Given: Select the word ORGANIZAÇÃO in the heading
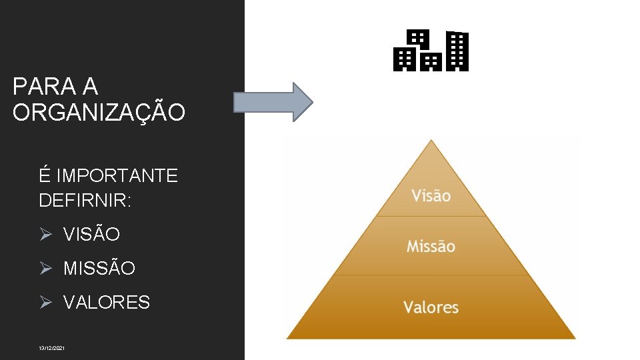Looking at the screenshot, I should tap(99, 113).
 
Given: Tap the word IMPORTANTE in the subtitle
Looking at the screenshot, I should tap(117, 176).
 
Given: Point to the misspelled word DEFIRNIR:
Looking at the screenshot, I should tap(85, 200).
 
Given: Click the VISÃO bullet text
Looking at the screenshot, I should tap(92, 235).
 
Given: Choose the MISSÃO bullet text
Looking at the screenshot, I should tap(99, 269).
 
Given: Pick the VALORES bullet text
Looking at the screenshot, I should tap(107, 303).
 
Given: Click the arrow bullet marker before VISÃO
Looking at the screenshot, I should tap(45, 235).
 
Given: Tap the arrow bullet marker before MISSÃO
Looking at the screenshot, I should tap(45, 269).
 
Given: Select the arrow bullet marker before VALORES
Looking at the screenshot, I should tap(45, 303).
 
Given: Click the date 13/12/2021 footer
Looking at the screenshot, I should tap(52, 348).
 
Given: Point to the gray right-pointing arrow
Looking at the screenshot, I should tap(273, 102).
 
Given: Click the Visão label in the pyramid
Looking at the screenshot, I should tap(431, 195).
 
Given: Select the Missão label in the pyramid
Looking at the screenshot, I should tap(431, 246).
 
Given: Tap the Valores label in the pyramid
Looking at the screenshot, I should tap(431, 307).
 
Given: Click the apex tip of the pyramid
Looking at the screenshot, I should tap(431, 141).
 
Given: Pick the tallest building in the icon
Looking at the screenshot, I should tap(457, 51).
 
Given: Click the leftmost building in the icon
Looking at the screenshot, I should tap(403, 59).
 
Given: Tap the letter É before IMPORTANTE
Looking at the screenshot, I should tap(45, 175).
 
